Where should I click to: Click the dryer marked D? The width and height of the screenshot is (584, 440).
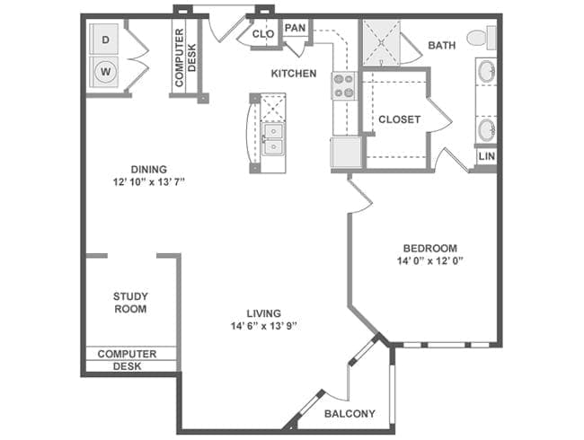click(104, 40)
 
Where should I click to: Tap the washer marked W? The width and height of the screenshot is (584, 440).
click(104, 72)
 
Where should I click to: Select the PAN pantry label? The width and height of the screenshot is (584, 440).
click(296, 28)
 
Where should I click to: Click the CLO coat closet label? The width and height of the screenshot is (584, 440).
click(263, 34)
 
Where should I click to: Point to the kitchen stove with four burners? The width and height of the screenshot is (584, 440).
click(343, 85)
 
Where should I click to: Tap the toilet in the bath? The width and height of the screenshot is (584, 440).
click(482, 38)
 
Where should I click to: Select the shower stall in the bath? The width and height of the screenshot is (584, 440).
click(381, 44)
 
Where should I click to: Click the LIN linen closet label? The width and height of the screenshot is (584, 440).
click(487, 156)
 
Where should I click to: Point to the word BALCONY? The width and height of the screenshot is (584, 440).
click(350, 414)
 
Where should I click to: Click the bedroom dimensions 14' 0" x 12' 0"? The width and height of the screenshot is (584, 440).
click(429, 261)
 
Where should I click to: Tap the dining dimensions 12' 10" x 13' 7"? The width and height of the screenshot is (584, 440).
click(149, 182)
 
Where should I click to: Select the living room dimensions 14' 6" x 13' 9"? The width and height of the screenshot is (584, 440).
click(263, 326)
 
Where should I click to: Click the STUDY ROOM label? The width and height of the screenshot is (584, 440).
click(130, 303)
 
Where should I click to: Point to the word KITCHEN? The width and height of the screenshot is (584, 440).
click(294, 74)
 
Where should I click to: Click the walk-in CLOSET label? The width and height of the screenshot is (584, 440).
click(399, 119)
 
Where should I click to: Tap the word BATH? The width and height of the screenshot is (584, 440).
click(442, 46)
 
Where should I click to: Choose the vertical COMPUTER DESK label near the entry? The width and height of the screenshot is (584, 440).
click(185, 57)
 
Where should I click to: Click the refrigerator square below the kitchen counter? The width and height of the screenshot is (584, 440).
click(346, 153)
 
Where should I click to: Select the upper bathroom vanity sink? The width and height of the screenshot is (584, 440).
click(486, 71)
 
